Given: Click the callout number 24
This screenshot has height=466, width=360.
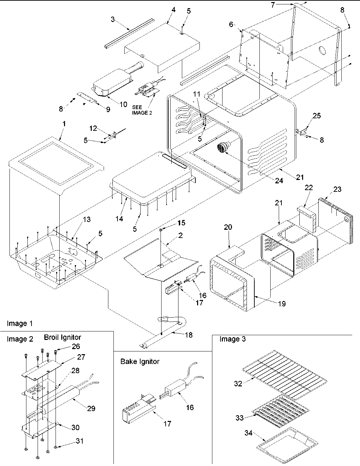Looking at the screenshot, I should click(x=279, y=181).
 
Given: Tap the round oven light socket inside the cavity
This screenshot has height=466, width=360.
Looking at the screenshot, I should click(x=223, y=148).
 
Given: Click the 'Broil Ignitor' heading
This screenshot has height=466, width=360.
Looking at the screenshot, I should click(x=62, y=337).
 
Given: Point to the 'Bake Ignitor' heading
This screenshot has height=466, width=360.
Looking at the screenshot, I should click(x=140, y=362).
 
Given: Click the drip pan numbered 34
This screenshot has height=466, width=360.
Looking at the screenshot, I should click(x=288, y=441).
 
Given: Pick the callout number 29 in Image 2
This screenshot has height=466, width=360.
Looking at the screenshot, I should click(x=91, y=408).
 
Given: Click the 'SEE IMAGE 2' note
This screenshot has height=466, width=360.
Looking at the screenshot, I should click(x=142, y=110).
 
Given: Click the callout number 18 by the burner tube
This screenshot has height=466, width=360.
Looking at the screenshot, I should click(x=188, y=335).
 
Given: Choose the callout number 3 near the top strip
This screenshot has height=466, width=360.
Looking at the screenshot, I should click(x=113, y=20).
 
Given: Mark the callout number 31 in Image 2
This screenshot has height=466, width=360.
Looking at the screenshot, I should click(x=80, y=441).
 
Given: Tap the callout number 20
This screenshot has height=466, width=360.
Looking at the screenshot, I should click(x=228, y=227).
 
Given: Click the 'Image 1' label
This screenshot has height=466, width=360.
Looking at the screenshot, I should click(x=20, y=323).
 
